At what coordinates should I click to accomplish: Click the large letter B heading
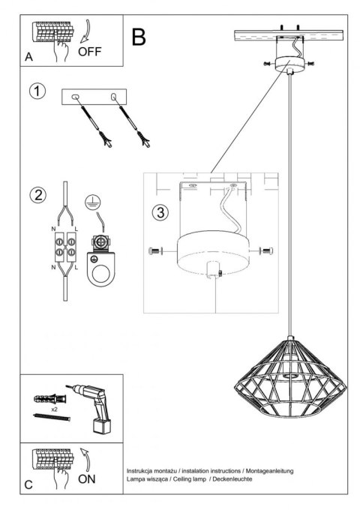coord(139,36)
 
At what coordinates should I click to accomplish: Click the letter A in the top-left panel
coord(29,57)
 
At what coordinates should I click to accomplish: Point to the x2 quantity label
coord(55,411)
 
